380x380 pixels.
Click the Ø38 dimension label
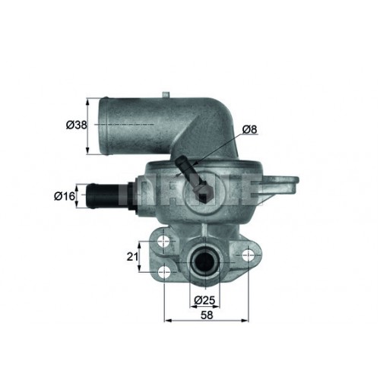click(x=77, y=125)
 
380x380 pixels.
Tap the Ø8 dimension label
click(x=249, y=129)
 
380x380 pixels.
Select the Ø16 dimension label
click(x=65, y=196)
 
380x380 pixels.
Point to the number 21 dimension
click(x=132, y=257)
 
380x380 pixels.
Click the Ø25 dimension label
click(x=204, y=300)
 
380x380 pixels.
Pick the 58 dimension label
click(x=207, y=315)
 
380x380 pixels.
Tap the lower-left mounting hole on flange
click(x=164, y=272)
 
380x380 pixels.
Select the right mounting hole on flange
click(x=248, y=255)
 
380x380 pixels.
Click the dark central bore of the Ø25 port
click(x=204, y=263)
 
